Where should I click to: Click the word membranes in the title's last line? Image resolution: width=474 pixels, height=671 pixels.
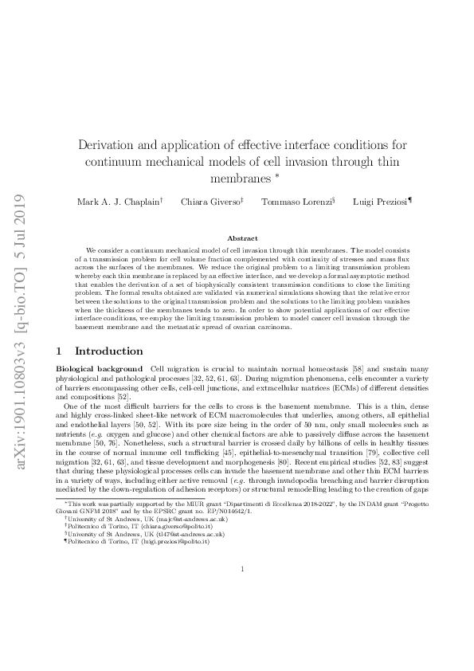coord(237,175)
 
